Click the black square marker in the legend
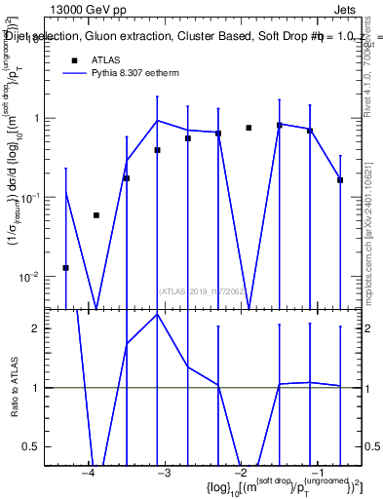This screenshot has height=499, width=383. pos(74,59)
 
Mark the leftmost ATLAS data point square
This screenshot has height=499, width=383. pos(65,268)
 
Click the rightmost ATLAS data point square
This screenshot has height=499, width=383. pos(340,180)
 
